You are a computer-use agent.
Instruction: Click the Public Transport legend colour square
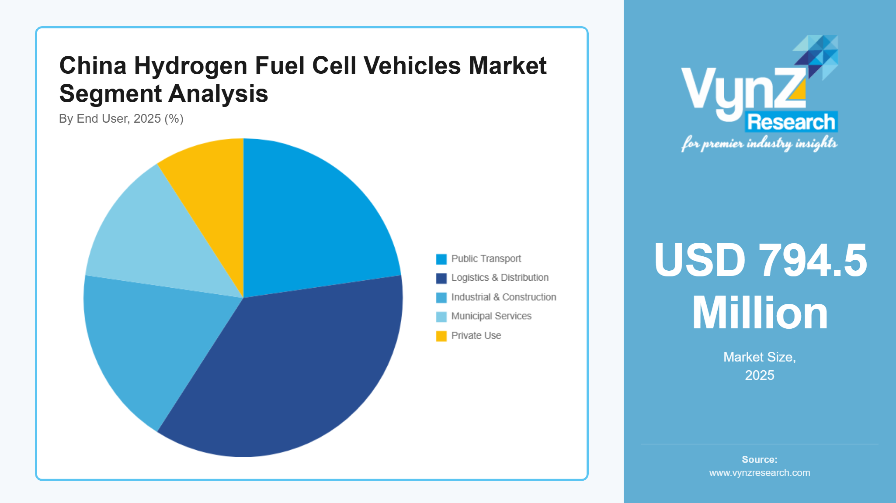tap(441, 259)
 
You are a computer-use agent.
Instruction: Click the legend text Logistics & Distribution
tap(500, 278)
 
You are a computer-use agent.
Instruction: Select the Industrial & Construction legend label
tap(504, 297)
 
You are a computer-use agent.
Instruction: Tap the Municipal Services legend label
tap(491, 316)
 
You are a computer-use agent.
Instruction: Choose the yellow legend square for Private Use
tap(441, 336)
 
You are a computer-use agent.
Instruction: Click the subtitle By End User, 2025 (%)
tap(121, 119)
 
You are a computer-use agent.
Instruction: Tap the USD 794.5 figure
tap(760, 261)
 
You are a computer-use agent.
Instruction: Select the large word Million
tap(760, 314)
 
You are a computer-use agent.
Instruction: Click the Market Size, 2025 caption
tap(760, 366)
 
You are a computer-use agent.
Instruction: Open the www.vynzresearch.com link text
tap(760, 473)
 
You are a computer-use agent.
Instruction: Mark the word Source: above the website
tap(760, 459)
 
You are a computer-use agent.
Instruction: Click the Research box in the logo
tap(791, 122)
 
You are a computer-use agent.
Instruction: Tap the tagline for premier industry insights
tap(759, 144)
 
